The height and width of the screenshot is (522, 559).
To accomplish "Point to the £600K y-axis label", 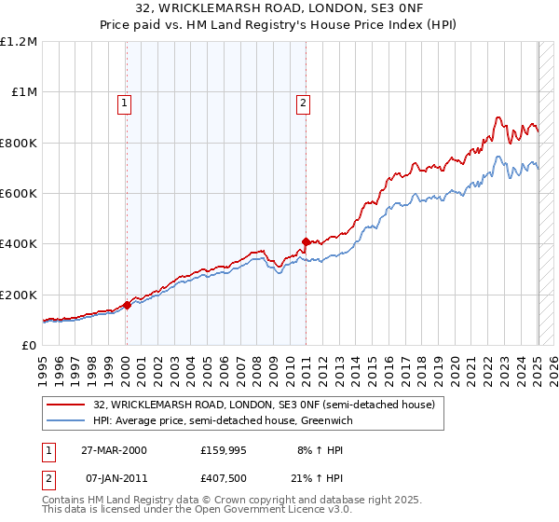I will pos(19,193).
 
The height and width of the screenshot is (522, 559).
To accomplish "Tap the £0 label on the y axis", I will pos(30,345).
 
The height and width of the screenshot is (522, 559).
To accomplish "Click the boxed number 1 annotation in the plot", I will pos(125,103).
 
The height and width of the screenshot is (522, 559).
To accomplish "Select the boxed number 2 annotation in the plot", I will pos(304,103).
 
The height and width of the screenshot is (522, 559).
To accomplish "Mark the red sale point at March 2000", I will pos(128,305).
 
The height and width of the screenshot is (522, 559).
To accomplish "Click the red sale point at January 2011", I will pos(305,242).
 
